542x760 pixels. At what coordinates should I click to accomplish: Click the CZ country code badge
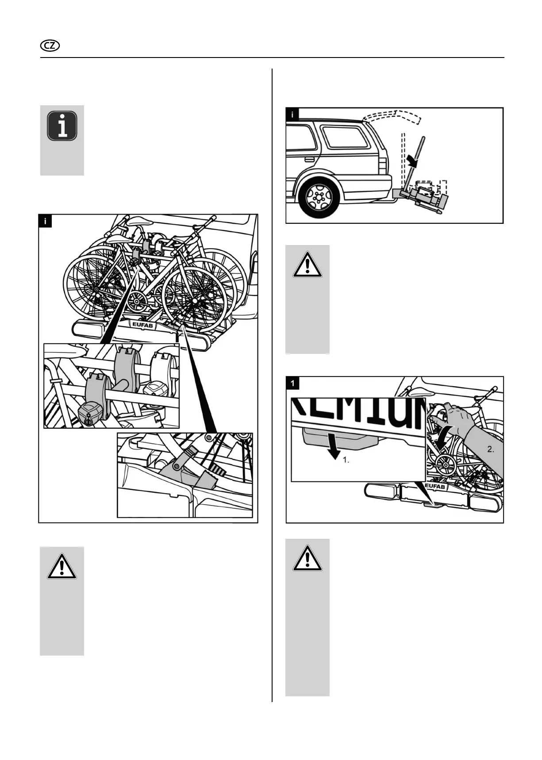50,46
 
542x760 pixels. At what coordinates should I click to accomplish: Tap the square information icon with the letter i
62,126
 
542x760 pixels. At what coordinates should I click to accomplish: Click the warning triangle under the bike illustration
62,566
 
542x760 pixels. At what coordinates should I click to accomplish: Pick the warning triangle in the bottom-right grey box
307,558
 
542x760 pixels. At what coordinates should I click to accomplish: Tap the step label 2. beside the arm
491,449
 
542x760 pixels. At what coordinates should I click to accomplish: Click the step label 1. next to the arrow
346,460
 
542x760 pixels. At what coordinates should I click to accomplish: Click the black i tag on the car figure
292,114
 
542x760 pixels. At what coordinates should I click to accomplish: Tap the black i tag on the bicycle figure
46,221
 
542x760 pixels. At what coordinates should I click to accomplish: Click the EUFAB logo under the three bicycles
142,324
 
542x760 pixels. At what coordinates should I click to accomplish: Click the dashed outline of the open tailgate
393,116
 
